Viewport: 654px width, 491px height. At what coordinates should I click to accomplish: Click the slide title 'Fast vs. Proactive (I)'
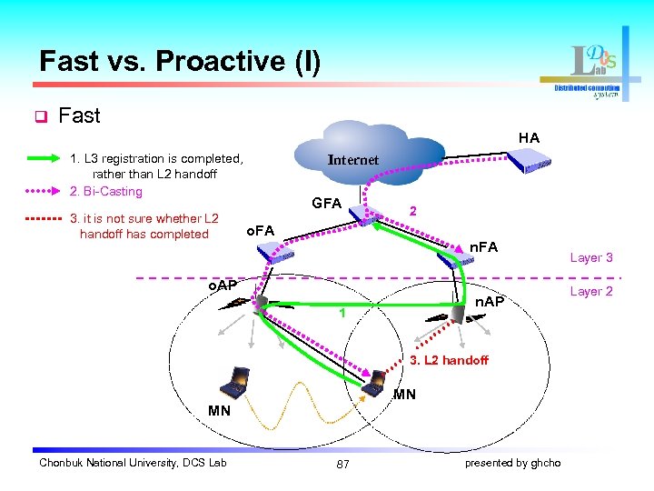[180, 61]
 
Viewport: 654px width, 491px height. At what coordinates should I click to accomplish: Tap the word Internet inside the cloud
[352, 160]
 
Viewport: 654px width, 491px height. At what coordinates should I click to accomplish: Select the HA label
[529, 137]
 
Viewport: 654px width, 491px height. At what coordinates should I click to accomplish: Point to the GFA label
[326, 203]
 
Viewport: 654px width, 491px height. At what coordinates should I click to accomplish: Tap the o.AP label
[216, 285]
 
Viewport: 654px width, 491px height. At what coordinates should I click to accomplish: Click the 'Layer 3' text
[590, 257]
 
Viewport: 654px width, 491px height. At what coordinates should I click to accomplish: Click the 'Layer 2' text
[590, 291]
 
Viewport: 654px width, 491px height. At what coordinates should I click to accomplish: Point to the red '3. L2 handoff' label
[449, 360]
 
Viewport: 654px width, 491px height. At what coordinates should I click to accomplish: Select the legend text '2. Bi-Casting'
[106, 191]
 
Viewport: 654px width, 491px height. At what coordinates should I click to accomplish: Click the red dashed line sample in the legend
[40, 218]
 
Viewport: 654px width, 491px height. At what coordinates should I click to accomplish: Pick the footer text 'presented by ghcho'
[512, 463]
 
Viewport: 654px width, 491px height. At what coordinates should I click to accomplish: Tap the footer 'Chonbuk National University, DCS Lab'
[133, 463]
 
